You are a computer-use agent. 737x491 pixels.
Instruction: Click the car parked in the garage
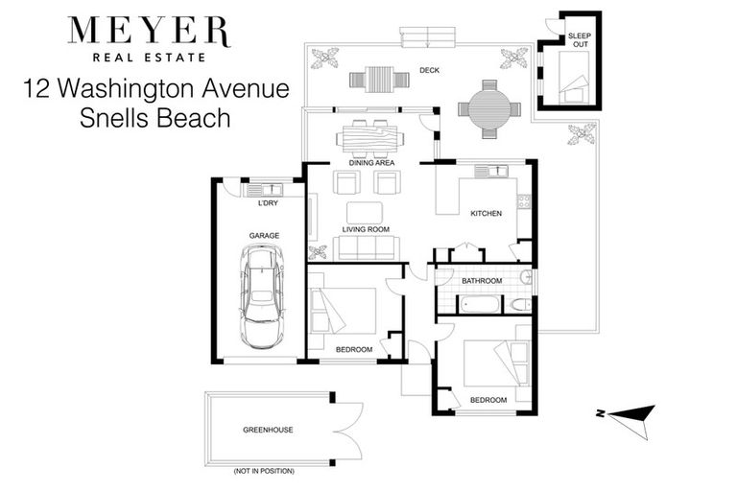pos(262,294)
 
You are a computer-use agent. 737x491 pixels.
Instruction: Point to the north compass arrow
pos(626,414)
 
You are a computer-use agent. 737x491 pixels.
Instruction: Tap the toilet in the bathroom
pos(519,305)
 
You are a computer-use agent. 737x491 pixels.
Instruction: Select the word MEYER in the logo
pos(148,32)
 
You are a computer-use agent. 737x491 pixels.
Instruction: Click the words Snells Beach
pos(155,119)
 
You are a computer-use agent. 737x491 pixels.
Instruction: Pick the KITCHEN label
pos(486,213)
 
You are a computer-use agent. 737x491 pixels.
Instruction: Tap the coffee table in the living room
pos(365,212)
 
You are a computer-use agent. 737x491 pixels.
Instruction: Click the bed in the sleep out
pos(574,77)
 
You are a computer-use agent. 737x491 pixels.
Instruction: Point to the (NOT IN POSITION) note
pos(263,471)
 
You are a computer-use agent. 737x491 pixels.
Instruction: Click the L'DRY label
pos(268,203)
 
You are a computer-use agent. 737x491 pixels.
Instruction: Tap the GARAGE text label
pos(264,233)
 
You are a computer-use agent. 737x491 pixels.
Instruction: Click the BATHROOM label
pos(482,281)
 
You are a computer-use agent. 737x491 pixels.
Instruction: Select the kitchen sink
pos(494,172)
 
